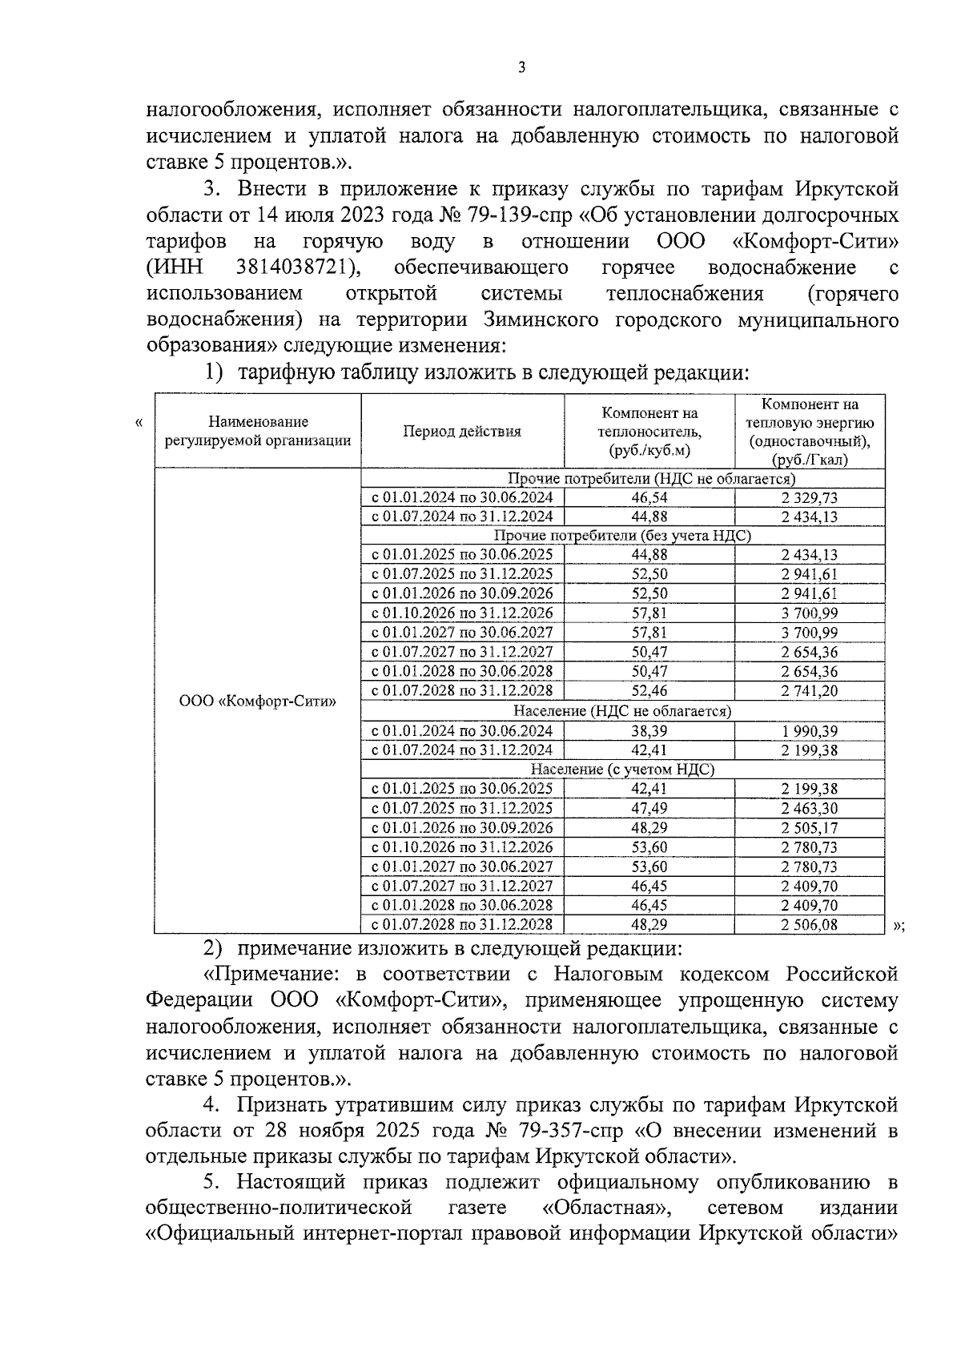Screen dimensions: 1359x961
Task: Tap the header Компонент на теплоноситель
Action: click(x=649, y=432)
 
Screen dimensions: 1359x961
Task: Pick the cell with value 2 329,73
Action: click(x=809, y=497)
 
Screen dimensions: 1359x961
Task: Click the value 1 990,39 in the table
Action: click(x=809, y=730)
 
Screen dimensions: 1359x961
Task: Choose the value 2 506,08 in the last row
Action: click(x=809, y=925)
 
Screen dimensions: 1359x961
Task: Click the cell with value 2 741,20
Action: click(x=809, y=691)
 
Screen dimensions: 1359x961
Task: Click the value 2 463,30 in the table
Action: click(x=809, y=808)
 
